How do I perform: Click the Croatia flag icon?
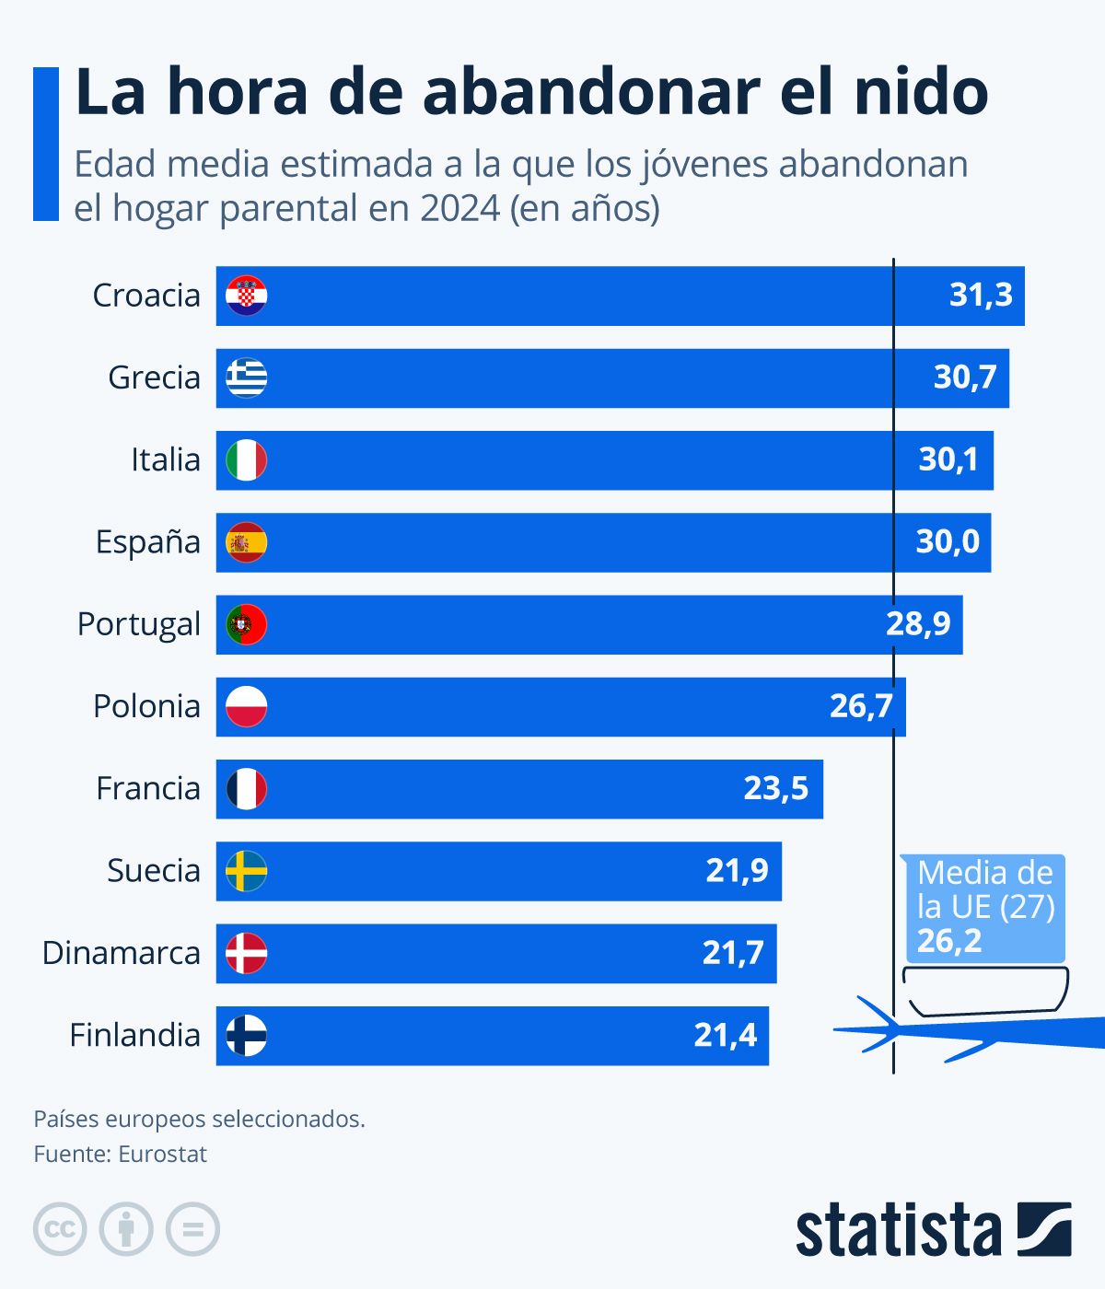point(247,296)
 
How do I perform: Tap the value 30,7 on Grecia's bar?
point(964,377)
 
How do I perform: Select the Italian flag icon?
point(247,460)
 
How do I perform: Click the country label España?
point(147,542)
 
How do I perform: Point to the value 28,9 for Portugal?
point(917,624)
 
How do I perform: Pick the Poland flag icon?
point(247,707)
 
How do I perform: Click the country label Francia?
point(147,789)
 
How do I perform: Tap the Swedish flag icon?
point(247,871)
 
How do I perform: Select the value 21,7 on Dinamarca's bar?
point(733,953)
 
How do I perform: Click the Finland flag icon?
point(247,1036)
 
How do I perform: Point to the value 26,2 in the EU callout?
point(948,942)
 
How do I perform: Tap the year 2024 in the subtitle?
point(460,208)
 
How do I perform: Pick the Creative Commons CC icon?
point(60,1229)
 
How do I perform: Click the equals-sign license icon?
point(192,1229)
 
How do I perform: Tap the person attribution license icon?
point(126,1229)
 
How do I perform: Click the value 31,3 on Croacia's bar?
point(980,296)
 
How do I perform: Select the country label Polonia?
point(146,707)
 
